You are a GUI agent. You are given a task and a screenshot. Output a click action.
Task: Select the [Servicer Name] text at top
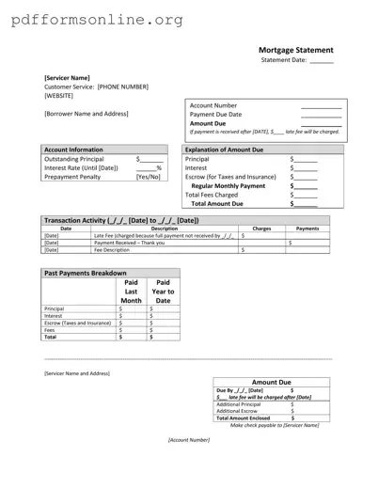pyautogui.click(x=67, y=77)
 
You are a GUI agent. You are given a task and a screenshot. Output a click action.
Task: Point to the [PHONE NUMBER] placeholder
pyautogui.click(x=123, y=87)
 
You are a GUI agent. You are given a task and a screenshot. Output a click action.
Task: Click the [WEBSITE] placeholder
pyautogui.click(x=59, y=95)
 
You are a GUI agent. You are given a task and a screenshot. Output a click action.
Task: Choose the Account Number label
pyautogui.click(x=213, y=105)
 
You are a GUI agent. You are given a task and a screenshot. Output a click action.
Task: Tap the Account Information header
pyautogui.click(x=74, y=150)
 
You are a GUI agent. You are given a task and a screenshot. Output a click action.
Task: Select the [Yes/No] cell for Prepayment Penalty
pyautogui.click(x=149, y=176)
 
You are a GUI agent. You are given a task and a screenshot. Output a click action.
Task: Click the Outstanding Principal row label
pyautogui.click(x=74, y=159)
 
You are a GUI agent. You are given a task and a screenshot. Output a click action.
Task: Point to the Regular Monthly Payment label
pyautogui.click(x=228, y=185)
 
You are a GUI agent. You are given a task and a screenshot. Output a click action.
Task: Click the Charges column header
pyautogui.click(x=262, y=228)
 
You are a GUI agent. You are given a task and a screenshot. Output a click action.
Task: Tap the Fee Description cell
pyautogui.click(x=112, y=250)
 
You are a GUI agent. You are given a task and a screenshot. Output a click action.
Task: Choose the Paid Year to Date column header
pyautogui.click(x=163, y=291)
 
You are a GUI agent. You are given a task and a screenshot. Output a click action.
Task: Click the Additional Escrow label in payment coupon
pyautogui.click(x=239, y=410)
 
